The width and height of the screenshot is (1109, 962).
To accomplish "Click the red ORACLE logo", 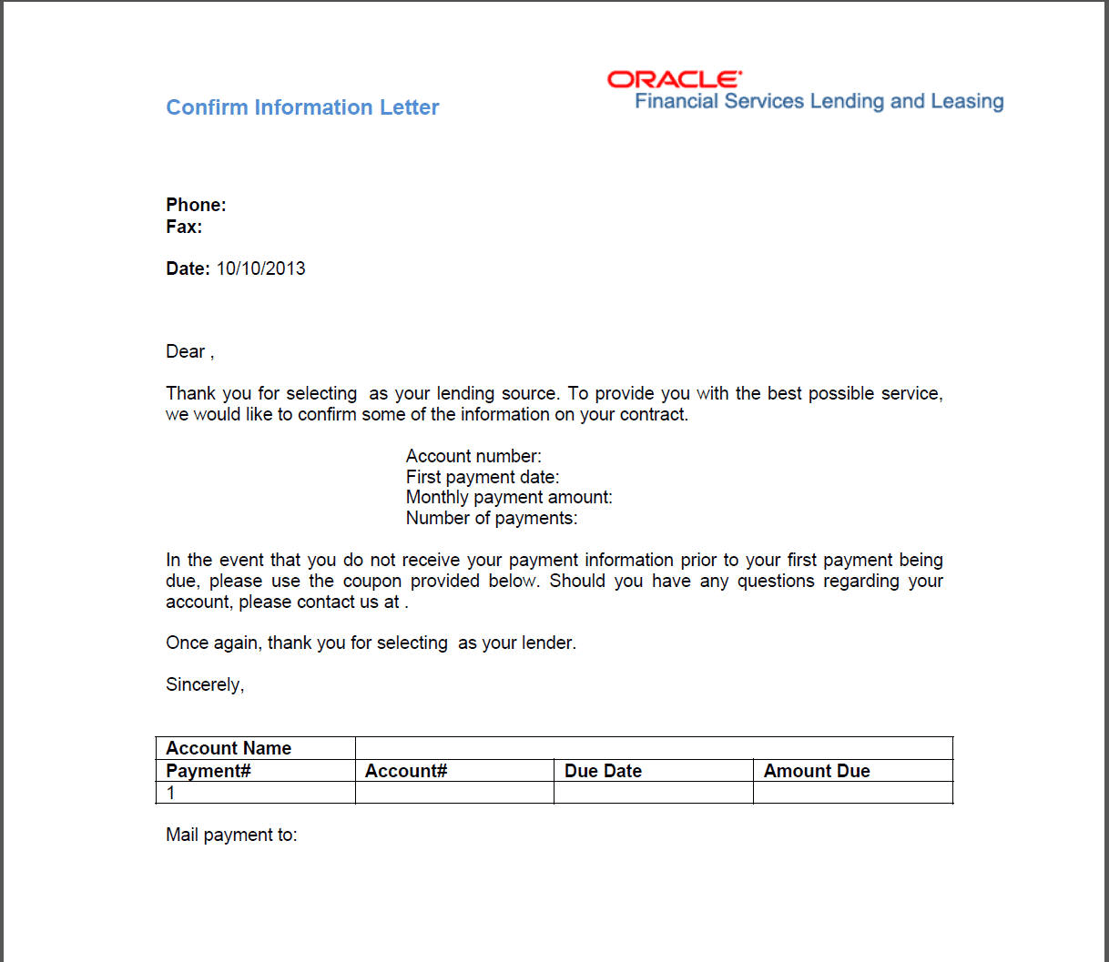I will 674,79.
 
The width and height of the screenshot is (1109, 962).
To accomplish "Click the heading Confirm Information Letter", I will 302,107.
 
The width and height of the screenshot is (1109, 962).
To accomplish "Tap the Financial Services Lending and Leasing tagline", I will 819,101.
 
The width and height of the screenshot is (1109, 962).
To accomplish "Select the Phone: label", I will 196,205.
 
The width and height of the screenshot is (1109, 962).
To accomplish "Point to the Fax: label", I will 184,227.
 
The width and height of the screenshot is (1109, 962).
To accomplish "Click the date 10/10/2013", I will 260,268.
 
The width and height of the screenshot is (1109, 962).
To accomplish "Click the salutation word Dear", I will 186,351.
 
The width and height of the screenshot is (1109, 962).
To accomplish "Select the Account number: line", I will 473,456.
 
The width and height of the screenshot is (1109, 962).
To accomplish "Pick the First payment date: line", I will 482,477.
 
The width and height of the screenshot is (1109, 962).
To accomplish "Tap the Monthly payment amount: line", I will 509,497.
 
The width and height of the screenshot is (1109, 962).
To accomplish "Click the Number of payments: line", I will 491,518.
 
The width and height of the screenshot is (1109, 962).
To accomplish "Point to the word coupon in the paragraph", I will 371,581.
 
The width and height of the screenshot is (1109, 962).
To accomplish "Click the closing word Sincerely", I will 204,684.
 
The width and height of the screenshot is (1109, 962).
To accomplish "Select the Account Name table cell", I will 229,748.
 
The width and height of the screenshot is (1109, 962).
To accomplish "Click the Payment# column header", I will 209,771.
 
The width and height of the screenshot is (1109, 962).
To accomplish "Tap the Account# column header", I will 406,771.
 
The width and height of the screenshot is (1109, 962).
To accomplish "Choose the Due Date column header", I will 603,771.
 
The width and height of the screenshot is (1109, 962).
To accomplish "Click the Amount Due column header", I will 817,771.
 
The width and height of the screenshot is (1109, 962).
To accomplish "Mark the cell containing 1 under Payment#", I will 255,793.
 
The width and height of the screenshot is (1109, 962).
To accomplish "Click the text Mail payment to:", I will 231,835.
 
